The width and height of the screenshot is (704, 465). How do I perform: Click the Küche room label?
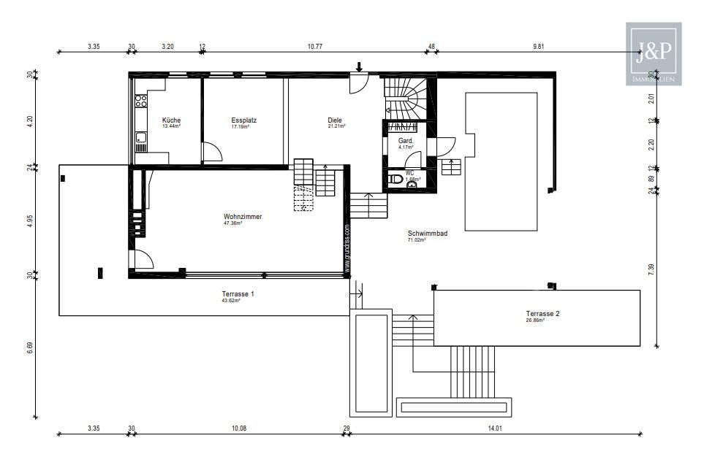click(x=171, y=120)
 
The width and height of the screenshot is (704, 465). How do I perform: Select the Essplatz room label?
click(x=243, y=120)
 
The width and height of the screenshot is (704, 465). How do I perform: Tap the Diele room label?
click(x=336, y=120)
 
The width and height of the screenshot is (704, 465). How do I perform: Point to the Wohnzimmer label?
click(x=243, y=217)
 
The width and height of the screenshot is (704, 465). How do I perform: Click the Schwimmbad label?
click(x=428, y=234)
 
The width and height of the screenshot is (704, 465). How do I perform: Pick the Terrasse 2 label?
click(x=542, y=314)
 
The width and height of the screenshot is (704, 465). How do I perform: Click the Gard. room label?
click(x=406, y=140)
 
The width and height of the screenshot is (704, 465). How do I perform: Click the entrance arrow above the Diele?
click(x=359, y=67)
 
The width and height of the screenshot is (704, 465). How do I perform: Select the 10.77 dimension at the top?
click(x=315, y=47)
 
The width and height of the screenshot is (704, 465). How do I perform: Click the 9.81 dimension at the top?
click(x=539, y=47)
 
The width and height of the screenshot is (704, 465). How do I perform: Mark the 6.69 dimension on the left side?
click(x=30, y=347)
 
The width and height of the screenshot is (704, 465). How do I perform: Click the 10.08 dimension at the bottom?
click(x=238, y=428)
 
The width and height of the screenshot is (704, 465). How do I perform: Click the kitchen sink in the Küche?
click(x=140, y=137)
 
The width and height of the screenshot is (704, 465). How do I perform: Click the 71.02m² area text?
click(x=417, y=240)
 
